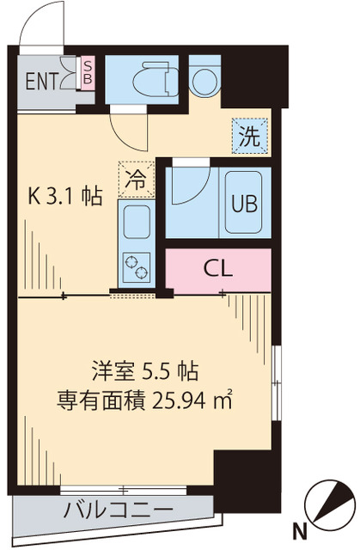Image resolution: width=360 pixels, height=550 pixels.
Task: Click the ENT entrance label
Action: pos(40,82)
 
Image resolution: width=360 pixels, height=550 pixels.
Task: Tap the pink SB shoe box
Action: pos(87,72)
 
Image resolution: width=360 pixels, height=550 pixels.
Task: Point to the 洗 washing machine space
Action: pos(249,135)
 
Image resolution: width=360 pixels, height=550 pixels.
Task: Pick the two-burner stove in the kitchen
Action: pos(136,267)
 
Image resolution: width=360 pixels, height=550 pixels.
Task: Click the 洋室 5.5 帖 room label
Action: pos(144,373)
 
